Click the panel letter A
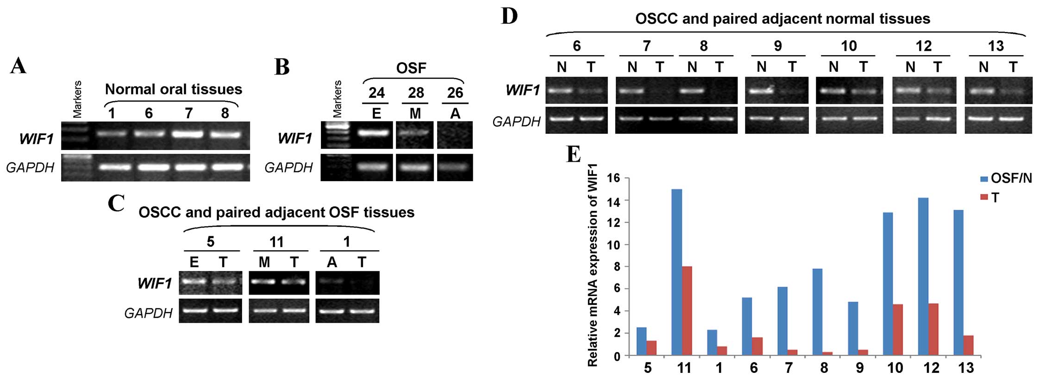click(19, 66)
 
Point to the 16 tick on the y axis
click(618, 178)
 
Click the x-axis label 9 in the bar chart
click(859, 368)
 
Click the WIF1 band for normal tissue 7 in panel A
click(188, 134)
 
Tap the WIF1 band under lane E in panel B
click(376, 133)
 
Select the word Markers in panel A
click(77, 99)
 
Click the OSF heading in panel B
click(411, 69)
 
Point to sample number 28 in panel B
click(416, 93)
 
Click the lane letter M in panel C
click(264, 262)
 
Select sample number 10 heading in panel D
click(849, 46)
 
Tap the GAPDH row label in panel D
click(517, 121)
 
